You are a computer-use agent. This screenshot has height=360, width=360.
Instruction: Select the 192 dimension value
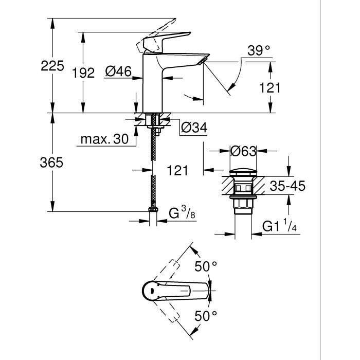tap(83, 73)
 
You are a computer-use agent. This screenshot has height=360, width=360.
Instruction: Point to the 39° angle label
tap(258, 51)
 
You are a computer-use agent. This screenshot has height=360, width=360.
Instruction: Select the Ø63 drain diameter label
tap(243, 152)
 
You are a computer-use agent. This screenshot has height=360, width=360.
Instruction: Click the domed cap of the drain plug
tap(243, 172)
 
